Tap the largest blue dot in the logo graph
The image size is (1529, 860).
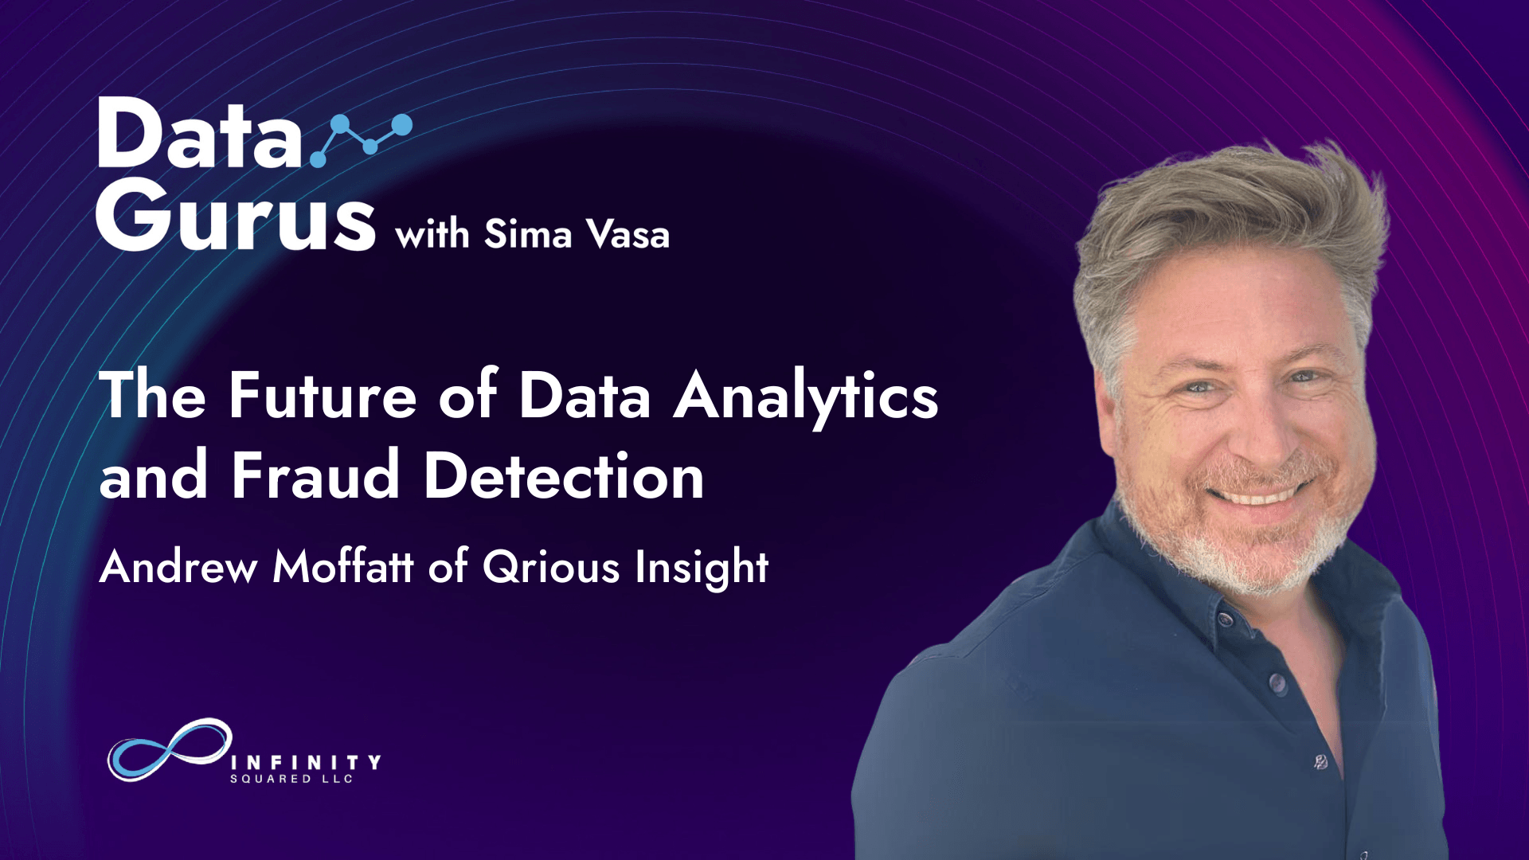[402, 125]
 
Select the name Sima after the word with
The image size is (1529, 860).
[528, 234]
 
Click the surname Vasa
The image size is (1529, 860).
[628, 234]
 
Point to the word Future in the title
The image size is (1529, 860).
[323, 395]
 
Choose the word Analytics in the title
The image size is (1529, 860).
[806, 398]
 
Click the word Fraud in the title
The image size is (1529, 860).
[315, 475]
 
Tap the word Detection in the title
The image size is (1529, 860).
[564, 475]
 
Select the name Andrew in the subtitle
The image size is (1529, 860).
[178, 567]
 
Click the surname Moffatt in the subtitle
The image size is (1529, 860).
[343, 567]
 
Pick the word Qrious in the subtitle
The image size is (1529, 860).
[551, 567]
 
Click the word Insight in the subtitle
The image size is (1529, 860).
[702, 569]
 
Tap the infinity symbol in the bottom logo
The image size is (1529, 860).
[170, 749]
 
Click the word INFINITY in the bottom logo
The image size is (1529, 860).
[305, 763]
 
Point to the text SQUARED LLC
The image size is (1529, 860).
[291, 779]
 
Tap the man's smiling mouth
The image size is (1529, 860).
[1258, 494]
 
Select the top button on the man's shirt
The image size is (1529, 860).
[1277, 682]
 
